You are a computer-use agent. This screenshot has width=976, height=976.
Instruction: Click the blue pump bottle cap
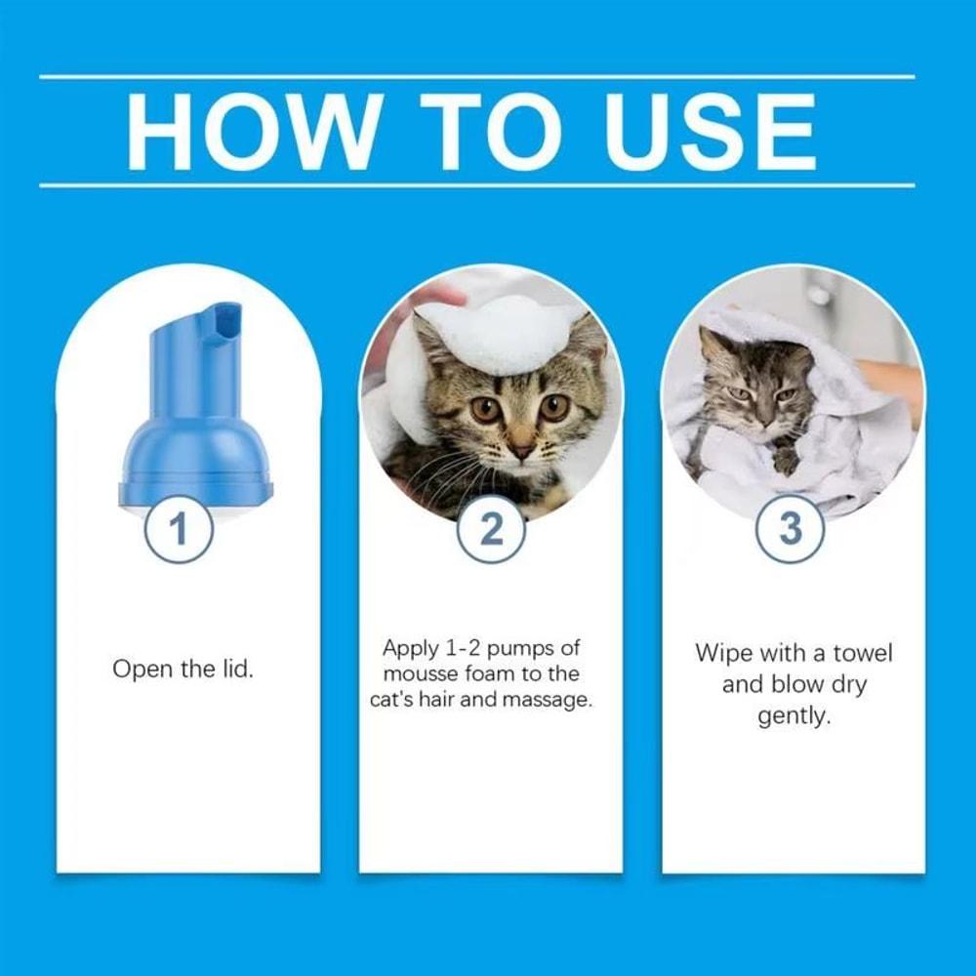[194, 429]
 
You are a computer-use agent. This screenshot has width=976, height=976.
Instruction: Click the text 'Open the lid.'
[183, 671]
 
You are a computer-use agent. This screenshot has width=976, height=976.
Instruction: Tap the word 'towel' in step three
[862, 653]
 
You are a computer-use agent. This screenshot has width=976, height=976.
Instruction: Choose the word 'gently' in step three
[793, 715]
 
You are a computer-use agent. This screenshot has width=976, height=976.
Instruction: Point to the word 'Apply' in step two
[411, 648]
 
